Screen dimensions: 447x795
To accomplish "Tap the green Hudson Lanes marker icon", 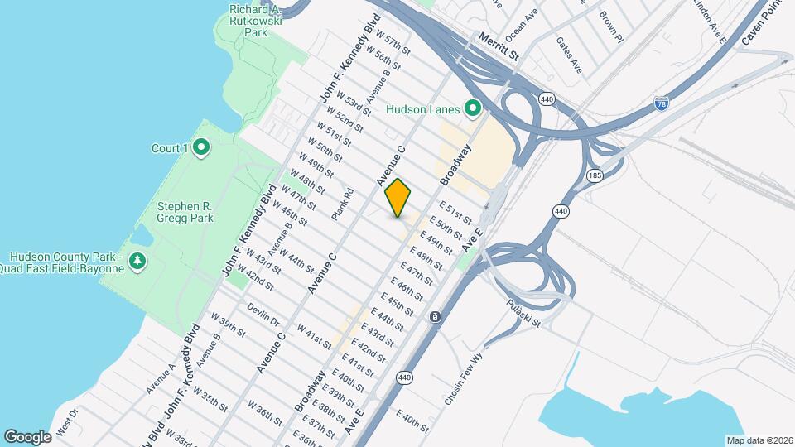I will (473, 108).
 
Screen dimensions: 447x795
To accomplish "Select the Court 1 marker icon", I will (201, 149).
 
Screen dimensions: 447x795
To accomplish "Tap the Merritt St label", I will (498, 47).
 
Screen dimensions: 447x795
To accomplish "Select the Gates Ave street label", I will (570, 55).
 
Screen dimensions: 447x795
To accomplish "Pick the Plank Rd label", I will (342, 204).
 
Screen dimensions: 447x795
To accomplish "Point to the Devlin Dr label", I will (263, 315).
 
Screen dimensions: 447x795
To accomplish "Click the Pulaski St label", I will (524, 313).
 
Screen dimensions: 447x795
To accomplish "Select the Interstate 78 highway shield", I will (661, 103).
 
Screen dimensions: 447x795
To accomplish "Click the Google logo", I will (27, 436).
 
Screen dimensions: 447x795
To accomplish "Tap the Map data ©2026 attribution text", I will (759, 440).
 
